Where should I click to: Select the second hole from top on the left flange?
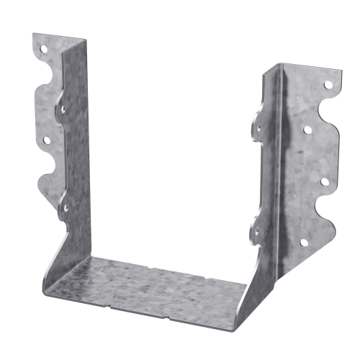62,110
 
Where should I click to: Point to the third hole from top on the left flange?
47,140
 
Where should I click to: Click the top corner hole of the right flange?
328,85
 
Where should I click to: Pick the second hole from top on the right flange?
307,131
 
